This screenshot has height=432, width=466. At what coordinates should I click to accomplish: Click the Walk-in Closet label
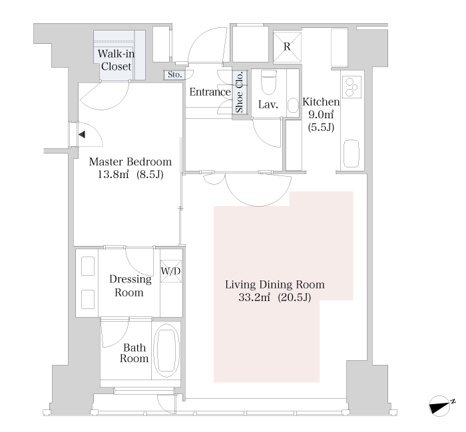[116, 60]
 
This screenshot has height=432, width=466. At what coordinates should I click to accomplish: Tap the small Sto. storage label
[174, 74]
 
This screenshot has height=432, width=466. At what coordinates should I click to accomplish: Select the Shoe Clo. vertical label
[240, 92]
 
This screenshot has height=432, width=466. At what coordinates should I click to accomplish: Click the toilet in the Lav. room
[269, 82]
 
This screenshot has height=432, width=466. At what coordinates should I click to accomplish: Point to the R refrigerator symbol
[287, 47]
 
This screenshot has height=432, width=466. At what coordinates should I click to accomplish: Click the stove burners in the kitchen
[351, 86]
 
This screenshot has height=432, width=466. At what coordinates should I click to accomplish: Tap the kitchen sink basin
[351, 154]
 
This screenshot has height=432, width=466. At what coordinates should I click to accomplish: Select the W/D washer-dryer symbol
[171, 271]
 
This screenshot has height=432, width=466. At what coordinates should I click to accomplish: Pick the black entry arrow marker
[82, 134]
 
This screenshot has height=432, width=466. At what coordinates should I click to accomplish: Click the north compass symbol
[441, 406]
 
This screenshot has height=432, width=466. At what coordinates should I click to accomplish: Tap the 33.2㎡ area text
[254, 297]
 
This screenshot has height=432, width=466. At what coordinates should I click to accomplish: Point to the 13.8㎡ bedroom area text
[113, 174]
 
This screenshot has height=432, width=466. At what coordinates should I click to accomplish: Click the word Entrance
[210, 92]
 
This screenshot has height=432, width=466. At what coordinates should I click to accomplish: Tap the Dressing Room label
[130, 286]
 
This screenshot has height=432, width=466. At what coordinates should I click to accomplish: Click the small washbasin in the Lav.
[293, 105]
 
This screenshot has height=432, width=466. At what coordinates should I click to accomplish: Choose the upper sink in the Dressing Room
[88, 267]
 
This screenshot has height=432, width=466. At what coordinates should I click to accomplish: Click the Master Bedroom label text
[130, 162]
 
